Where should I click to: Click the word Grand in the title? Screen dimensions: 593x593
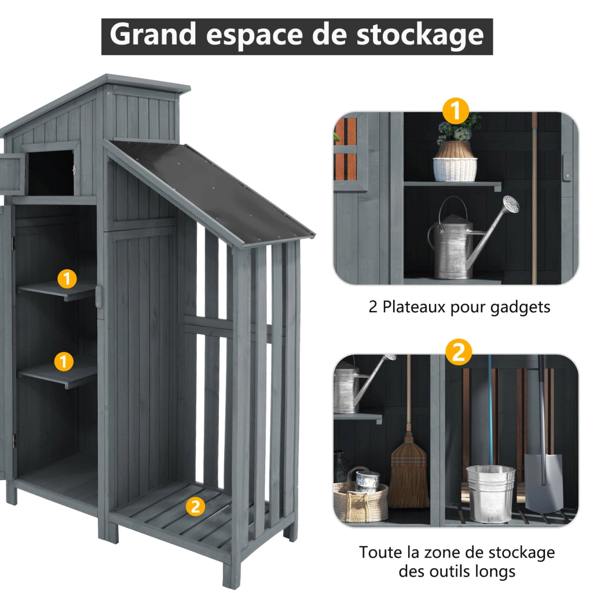[152, 35]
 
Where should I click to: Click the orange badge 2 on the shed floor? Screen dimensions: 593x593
[195, 506]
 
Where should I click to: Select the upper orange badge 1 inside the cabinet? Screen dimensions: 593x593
[67, 279]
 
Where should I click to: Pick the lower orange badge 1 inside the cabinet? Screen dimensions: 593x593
[64, 361]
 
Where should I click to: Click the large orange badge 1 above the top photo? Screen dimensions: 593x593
[456, 111]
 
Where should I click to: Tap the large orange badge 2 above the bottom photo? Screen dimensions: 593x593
[459, 352]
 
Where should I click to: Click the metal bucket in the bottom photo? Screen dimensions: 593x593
[490, 493]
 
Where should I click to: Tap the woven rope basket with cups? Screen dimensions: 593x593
[360, 496]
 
